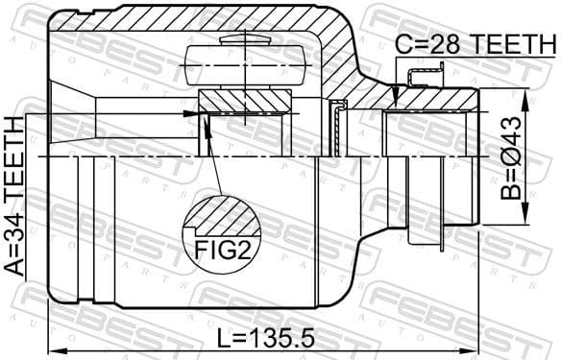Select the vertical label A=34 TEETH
tap(15, 196)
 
